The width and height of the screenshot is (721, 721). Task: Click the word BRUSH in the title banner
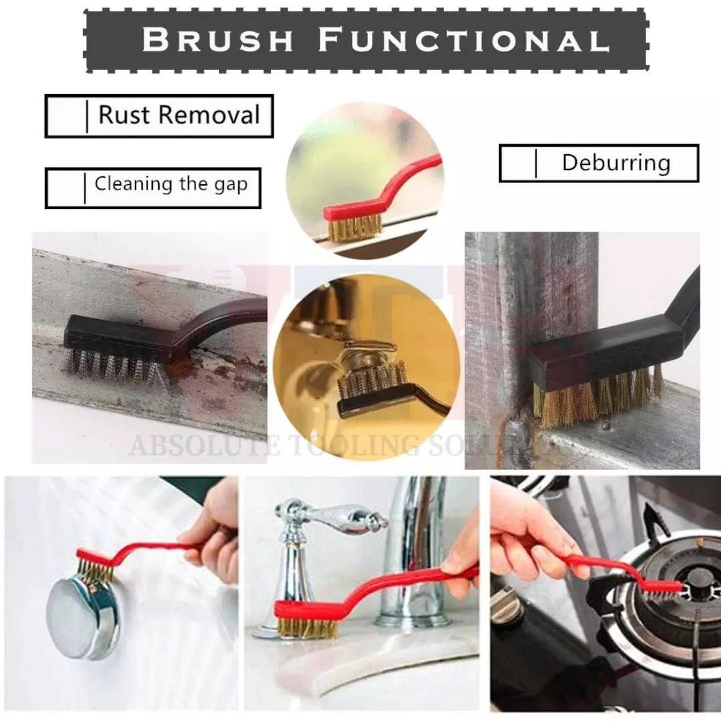(x=218, y=40)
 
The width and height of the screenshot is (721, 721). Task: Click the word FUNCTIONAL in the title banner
(x=464, y=40)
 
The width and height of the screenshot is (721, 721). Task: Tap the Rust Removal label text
(x=179, y=115)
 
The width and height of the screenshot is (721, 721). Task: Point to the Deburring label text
(x=616, y=162)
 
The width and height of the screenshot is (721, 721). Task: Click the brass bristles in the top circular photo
(x=354, y=229)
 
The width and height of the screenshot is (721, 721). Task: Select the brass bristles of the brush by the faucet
(x=304, y=628)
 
